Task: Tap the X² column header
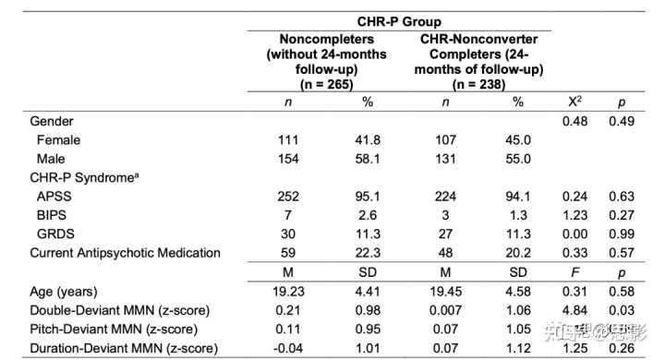click(x=574, y=103)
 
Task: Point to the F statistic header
click(x=574, y=272)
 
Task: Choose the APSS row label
click(x=58, y=196)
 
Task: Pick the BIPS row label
click(x=55, y=214)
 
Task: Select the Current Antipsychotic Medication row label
click(x=125, y=252)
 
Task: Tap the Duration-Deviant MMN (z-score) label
click(x=125, y=347)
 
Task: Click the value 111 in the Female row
click(x=290, y=139)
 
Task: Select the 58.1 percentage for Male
click(x=369, y=159)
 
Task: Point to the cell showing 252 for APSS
click(x=290, y=196)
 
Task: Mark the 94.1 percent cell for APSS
click(x=517, y=196)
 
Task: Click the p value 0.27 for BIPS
click(x=621, y=214)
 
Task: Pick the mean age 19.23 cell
click(x=290, y=291)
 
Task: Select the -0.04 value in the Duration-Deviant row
click(x=290, y=347)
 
